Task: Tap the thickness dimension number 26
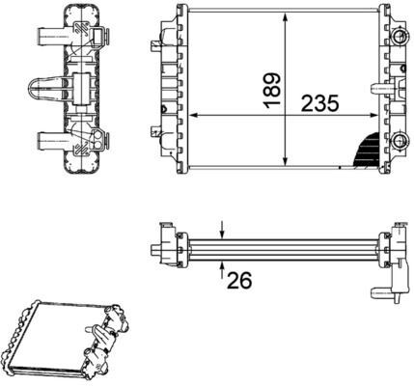238,280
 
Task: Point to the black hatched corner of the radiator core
369,148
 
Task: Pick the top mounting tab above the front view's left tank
179,13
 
